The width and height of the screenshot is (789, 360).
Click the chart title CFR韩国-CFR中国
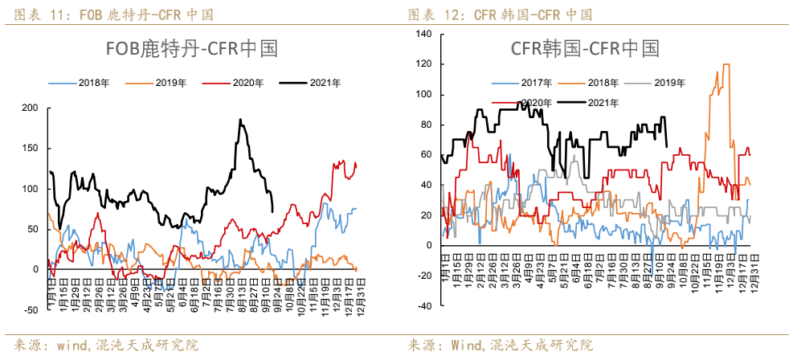coord(585,49)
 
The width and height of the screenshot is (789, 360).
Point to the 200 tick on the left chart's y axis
coord(30,108)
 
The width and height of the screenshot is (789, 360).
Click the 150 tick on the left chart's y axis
coord(30,149)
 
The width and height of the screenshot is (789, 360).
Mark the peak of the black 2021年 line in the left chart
coord(239,120)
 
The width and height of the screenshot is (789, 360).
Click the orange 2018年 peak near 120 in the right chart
coord(726,65)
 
